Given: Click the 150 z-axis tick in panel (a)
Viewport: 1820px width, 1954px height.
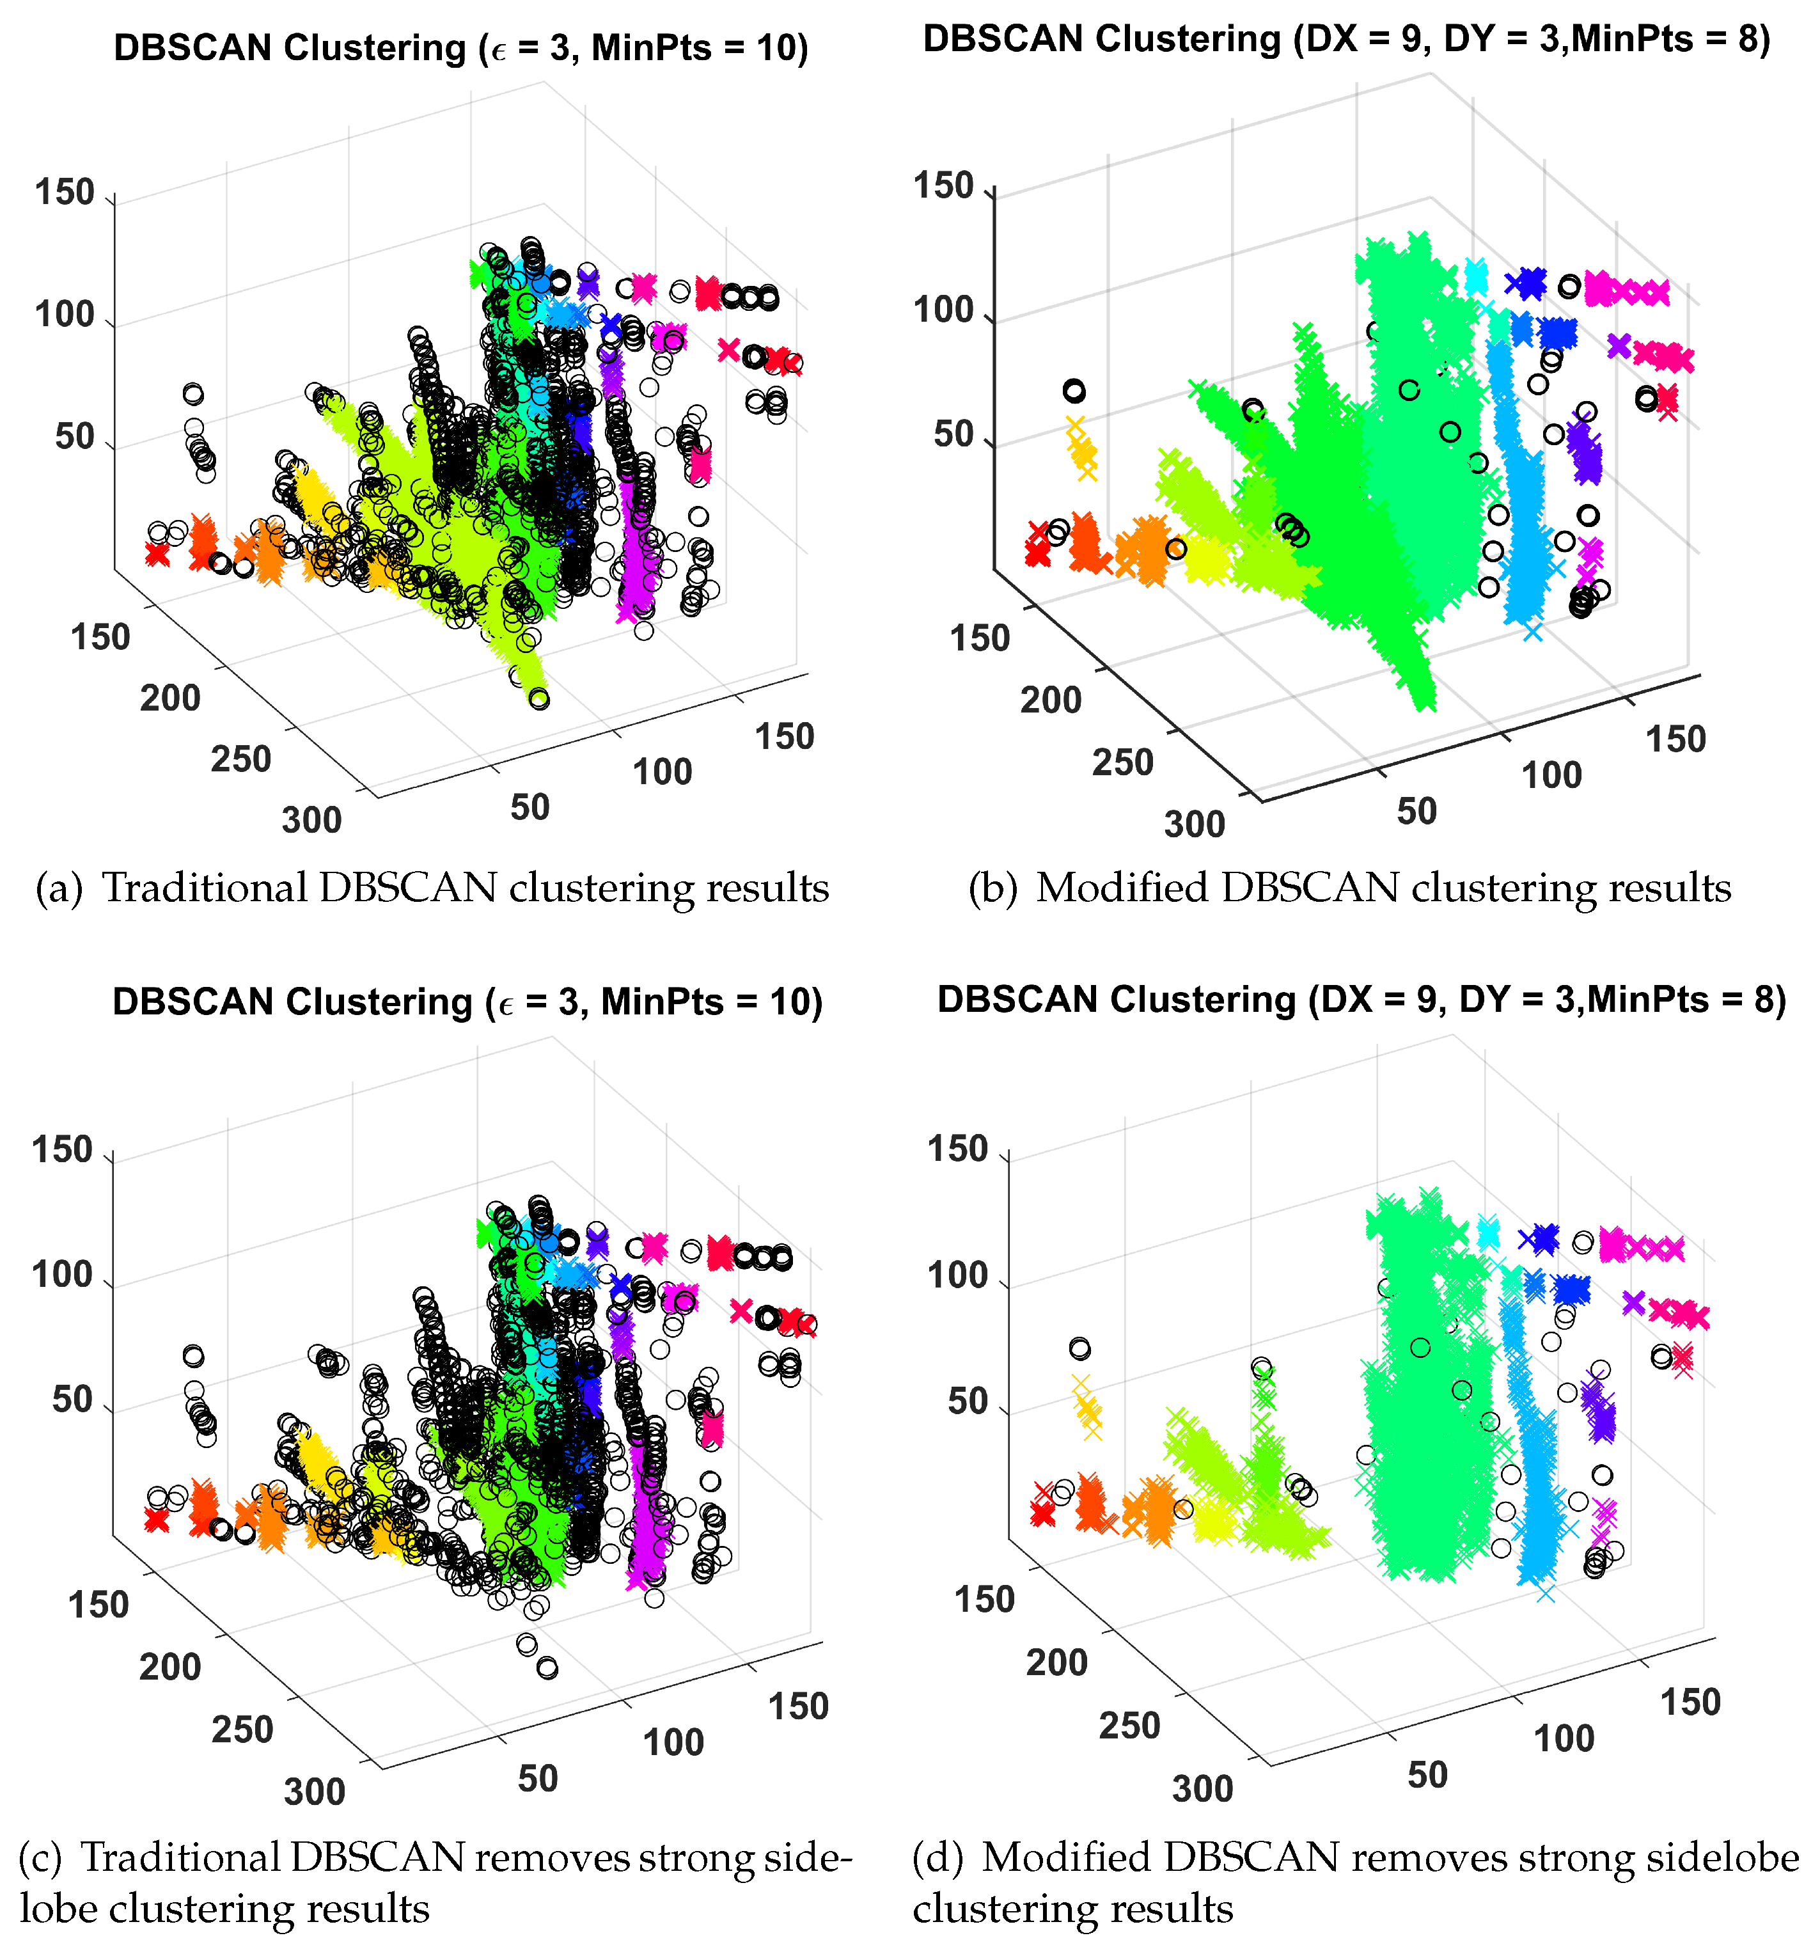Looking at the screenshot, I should pos(65,193).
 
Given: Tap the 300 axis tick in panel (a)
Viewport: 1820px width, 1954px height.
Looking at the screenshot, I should pos(311,820).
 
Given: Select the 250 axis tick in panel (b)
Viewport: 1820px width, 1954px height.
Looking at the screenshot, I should pos(1122,762).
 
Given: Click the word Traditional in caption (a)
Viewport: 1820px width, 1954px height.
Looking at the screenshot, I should pos(205,888).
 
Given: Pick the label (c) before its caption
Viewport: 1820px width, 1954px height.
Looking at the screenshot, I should pos(39,1857).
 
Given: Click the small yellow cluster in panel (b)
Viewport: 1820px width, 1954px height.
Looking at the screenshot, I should pos(1082,451).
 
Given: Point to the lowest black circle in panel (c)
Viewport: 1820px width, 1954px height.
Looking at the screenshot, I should pos(547,1668).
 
